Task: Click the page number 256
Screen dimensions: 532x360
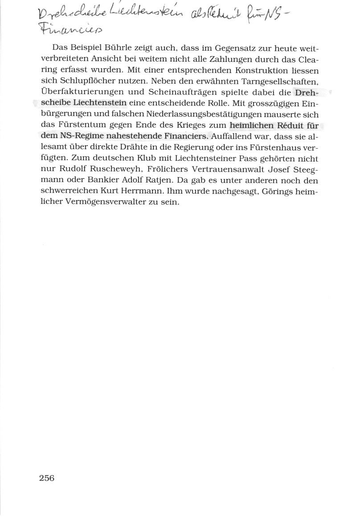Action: (46, 479)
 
